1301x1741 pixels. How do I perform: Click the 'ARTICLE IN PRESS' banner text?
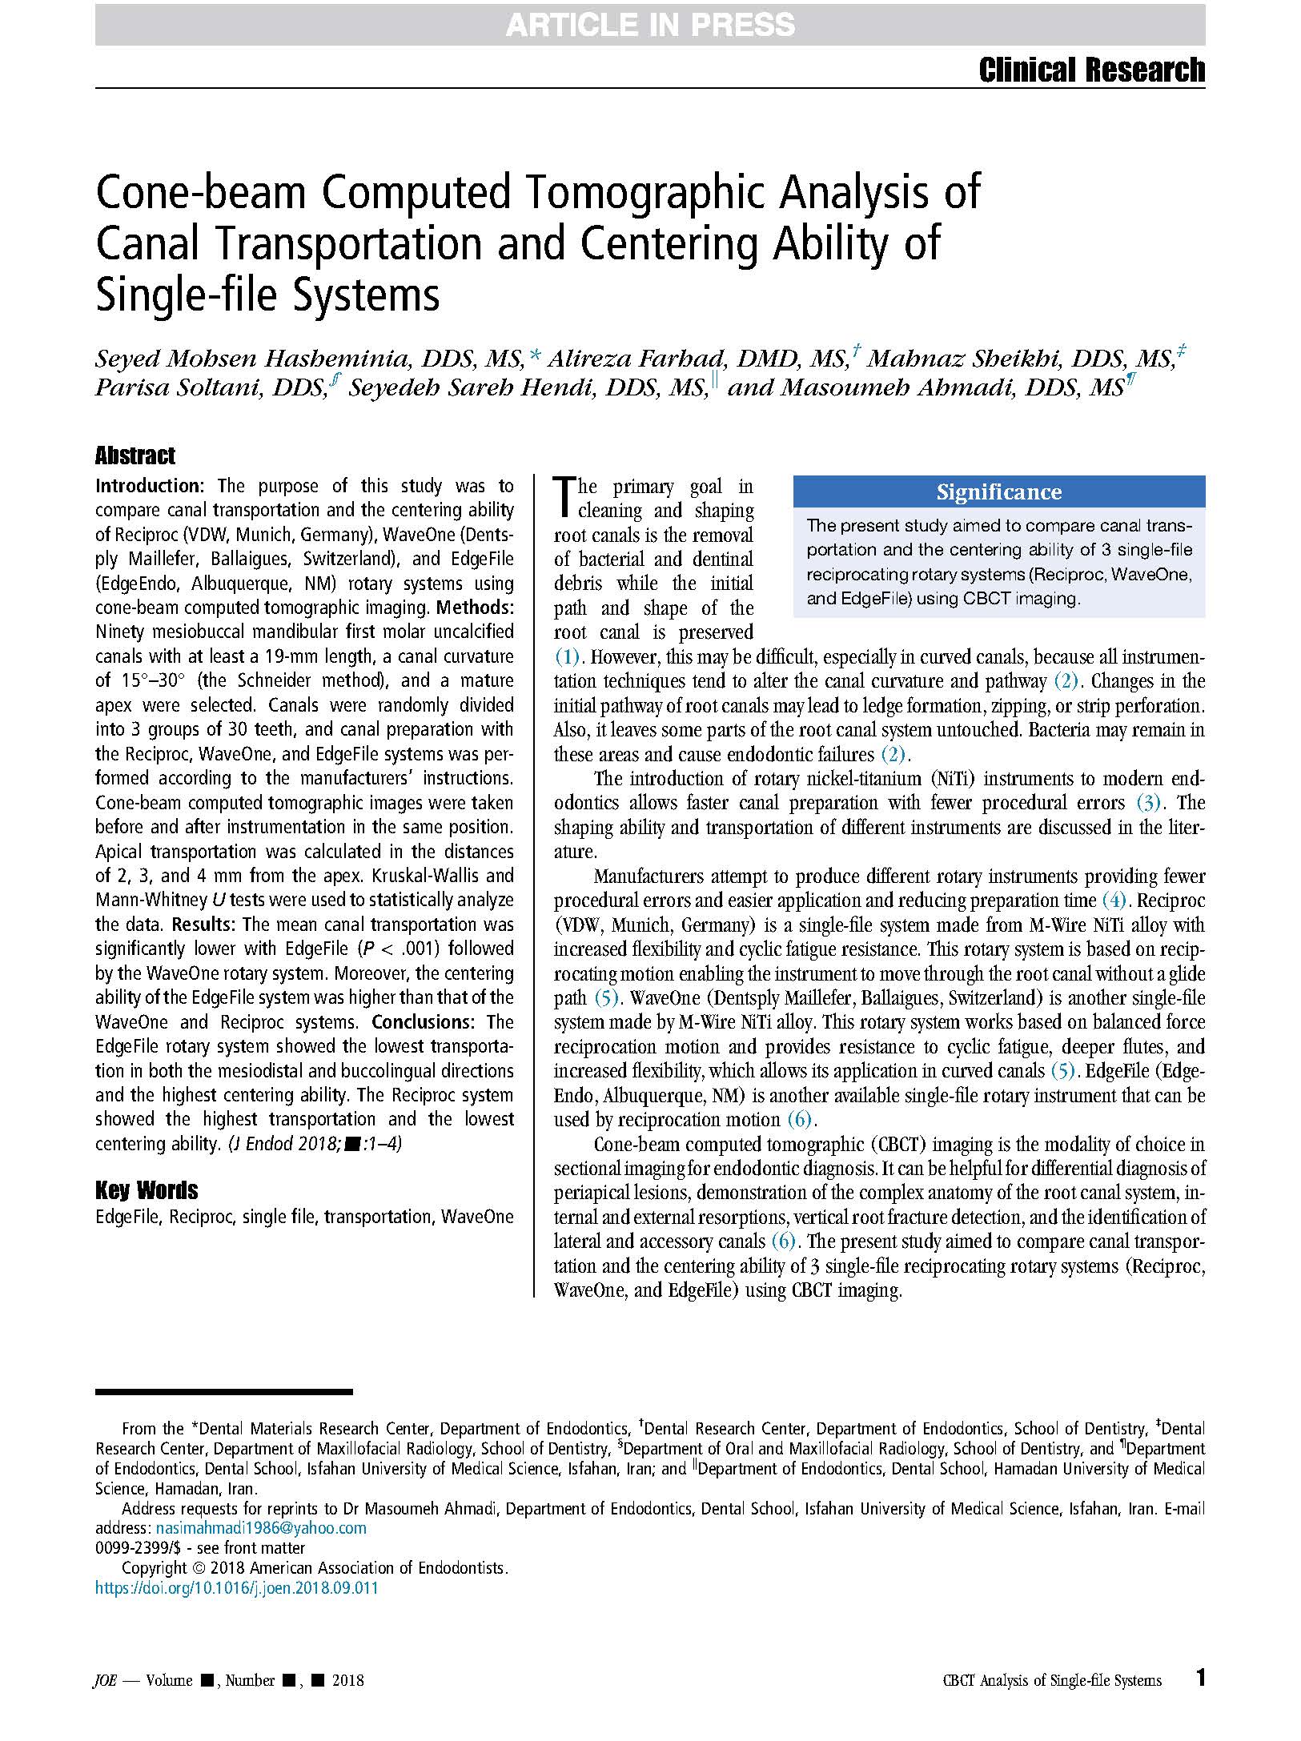click(x=650, y=26)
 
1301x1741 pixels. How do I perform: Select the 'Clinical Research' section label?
click(x=1091, y=70)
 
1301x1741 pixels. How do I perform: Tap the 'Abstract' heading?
click(x=135, y=456)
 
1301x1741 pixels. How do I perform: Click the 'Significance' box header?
click(x=998, y=491)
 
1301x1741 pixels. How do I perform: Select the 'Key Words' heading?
click(x=147, y=1190)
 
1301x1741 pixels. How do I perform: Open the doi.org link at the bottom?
click(x=236, y=1589)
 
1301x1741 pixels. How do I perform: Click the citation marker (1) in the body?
click(x=567, y=657)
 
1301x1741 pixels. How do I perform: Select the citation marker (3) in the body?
click(x=1148, y=803)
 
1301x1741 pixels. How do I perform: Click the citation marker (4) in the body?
click(x=1114, y=901)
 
